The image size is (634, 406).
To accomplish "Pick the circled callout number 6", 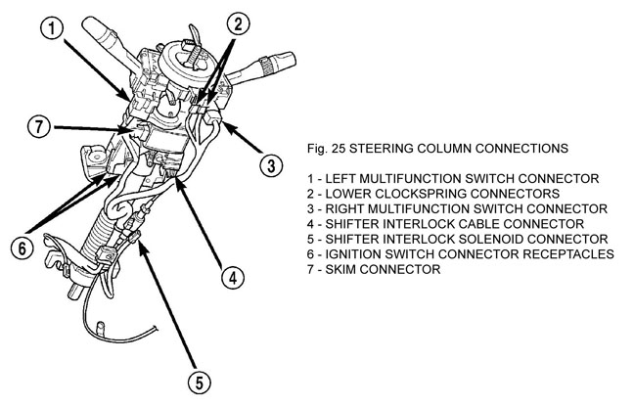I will click(19, 248).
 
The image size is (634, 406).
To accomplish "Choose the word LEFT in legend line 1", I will click(340, 179).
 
